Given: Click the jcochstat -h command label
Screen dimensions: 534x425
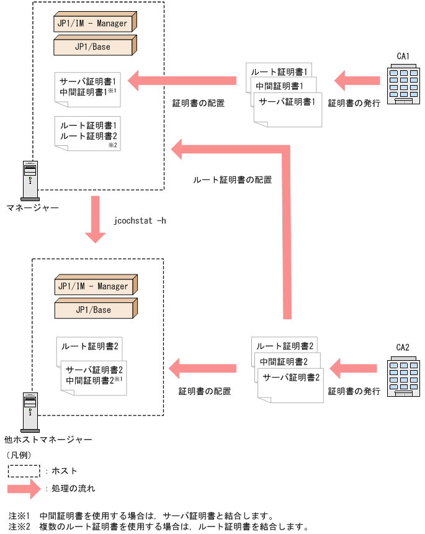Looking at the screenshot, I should click(140, 221).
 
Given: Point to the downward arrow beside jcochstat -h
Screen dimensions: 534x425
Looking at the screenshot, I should click(95, 219).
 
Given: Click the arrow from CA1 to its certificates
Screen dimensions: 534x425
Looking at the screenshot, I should click(357, 80).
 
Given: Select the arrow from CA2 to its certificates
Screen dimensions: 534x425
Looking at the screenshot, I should click(354, 368).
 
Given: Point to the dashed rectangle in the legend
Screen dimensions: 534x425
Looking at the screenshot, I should click(24, 471).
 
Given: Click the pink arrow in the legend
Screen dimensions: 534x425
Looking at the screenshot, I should click(24, 489).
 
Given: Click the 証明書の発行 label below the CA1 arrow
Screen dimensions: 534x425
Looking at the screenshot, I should click(354, 104).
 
